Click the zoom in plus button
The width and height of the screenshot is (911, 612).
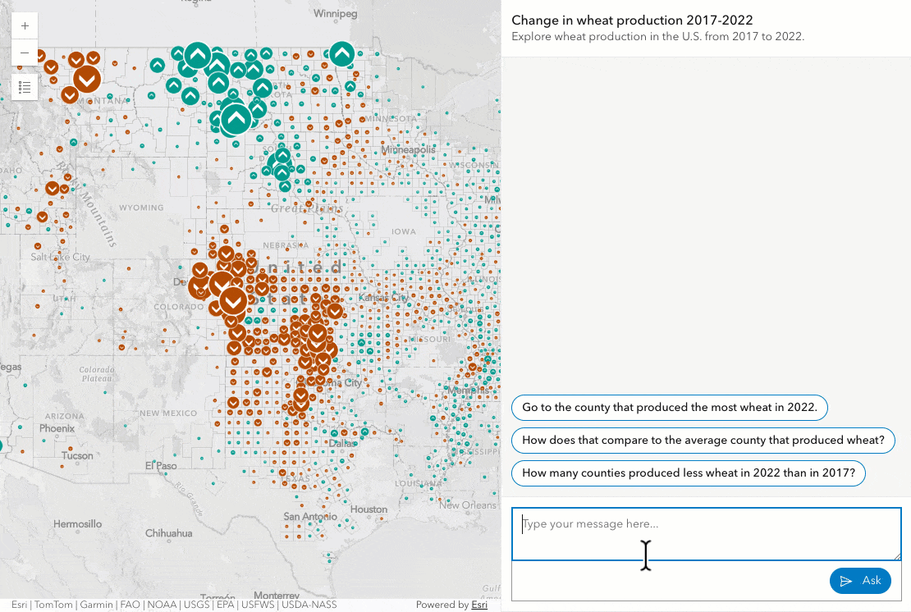pyautogui.click(x=25, y=26)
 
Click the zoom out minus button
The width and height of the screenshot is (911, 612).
pyautogui.click(x=25, y=53)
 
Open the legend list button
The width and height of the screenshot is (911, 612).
pyautogui.click(x=25, y=86)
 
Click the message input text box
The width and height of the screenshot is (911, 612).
pyautogui.click(x=706, y=534)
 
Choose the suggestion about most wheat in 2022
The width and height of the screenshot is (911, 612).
pyautogui.click(x=669, y=407)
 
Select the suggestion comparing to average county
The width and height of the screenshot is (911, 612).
pyautogui.click(x=703, y=440)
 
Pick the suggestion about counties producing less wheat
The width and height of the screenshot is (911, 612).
pyautogui.click(x=688, y=473)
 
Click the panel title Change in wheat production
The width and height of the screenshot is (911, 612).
pyautogui.click(x=632, y=20)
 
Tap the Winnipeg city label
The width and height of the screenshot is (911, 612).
pyautogui.click(x=336, y=14)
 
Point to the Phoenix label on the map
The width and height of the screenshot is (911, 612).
pyautogui.click(x=57, y=428)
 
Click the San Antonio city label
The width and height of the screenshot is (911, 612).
pyautogui.click(x=309, y=517)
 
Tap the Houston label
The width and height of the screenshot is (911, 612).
pyautogui.click(x=369, y=509)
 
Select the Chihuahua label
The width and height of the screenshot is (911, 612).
pyautogui.click(x=167, y=533)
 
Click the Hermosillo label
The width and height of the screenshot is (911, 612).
pyautogui.click(x=77, y=523)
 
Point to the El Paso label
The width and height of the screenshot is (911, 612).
pyautogui.click(x=162, y=466)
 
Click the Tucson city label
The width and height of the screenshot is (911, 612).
pyautogui.click(x=77, y=455)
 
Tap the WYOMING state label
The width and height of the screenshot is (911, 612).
pyautogui.click(x=141, y=208)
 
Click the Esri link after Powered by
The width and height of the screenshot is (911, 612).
pyautogui.click(x=479, y=605)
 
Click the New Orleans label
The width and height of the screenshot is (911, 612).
pyautogui.click(x=468, y=505)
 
